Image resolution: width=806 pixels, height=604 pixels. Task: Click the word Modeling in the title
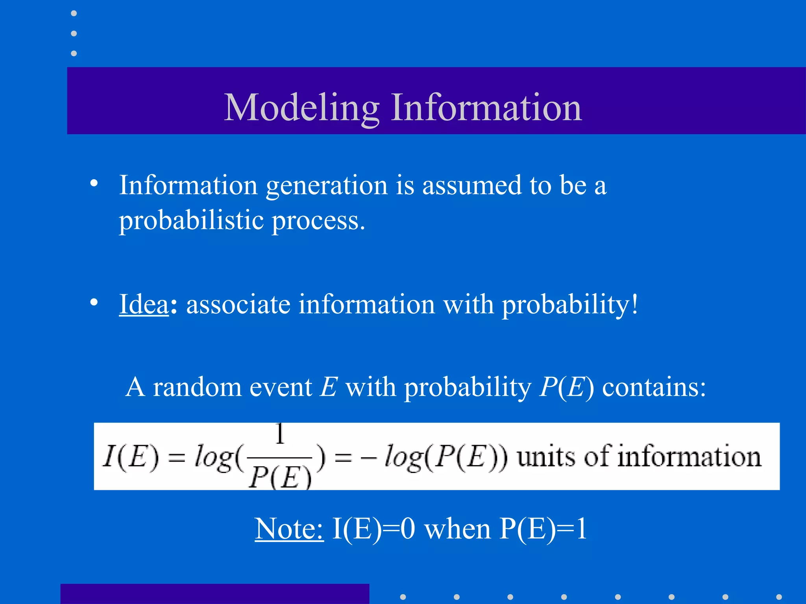tap(301, 107)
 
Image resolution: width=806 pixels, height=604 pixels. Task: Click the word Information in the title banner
tap(486, 107)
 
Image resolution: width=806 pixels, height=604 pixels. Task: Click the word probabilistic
tap(191, 220)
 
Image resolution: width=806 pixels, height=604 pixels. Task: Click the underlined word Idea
tap(144, 304)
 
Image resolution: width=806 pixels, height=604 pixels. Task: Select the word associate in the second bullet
tap(238, 304)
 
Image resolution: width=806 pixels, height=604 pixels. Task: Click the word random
tap(197, 387)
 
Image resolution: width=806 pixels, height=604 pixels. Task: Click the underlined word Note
tap(289, 528)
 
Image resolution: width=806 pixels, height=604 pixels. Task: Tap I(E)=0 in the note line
tap(373, 528)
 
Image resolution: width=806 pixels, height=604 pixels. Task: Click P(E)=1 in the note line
tap(543, 528)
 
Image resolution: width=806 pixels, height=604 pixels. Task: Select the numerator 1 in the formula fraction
tap(280, 434)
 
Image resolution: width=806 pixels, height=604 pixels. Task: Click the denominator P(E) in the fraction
tap(280, 477)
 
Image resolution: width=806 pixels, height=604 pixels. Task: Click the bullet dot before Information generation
tap(94, 183)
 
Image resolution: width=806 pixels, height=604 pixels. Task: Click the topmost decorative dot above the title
tap(74, 13)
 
